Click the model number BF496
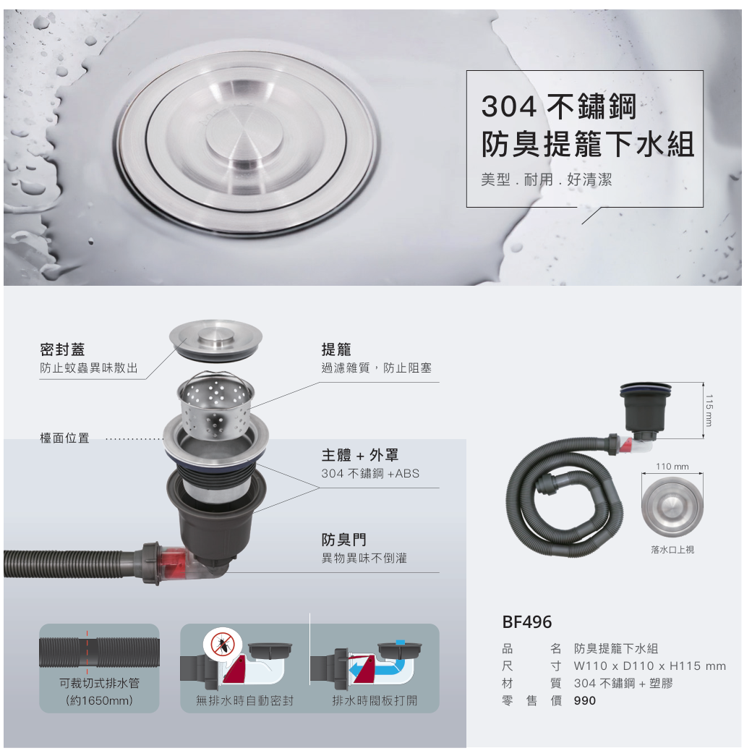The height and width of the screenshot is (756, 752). point(527,622)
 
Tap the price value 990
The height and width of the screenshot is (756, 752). point(585,700)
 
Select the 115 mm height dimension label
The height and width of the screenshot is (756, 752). point(708,410)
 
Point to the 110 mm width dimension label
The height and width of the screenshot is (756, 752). point(672,466)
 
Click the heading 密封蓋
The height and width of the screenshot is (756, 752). point(62,349)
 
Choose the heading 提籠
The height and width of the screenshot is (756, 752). point(336,349)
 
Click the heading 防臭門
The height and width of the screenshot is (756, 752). point(343,540)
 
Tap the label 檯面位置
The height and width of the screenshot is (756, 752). point(64,438)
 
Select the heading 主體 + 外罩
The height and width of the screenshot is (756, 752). point(359,454)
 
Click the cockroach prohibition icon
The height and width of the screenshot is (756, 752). point(222,644)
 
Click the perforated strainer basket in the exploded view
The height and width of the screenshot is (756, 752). point(215,404)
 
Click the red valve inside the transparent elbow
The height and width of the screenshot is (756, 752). point(172,562)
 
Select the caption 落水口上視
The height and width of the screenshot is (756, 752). point(672,550)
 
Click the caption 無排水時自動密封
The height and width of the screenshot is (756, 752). point(245,700)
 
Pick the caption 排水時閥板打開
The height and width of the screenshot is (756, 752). point(375,700)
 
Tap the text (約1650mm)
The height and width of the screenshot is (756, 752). point(99,700)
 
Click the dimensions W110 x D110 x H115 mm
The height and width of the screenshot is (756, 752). point(650,666)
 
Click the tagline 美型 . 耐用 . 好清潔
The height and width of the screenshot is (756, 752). point(546,180)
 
